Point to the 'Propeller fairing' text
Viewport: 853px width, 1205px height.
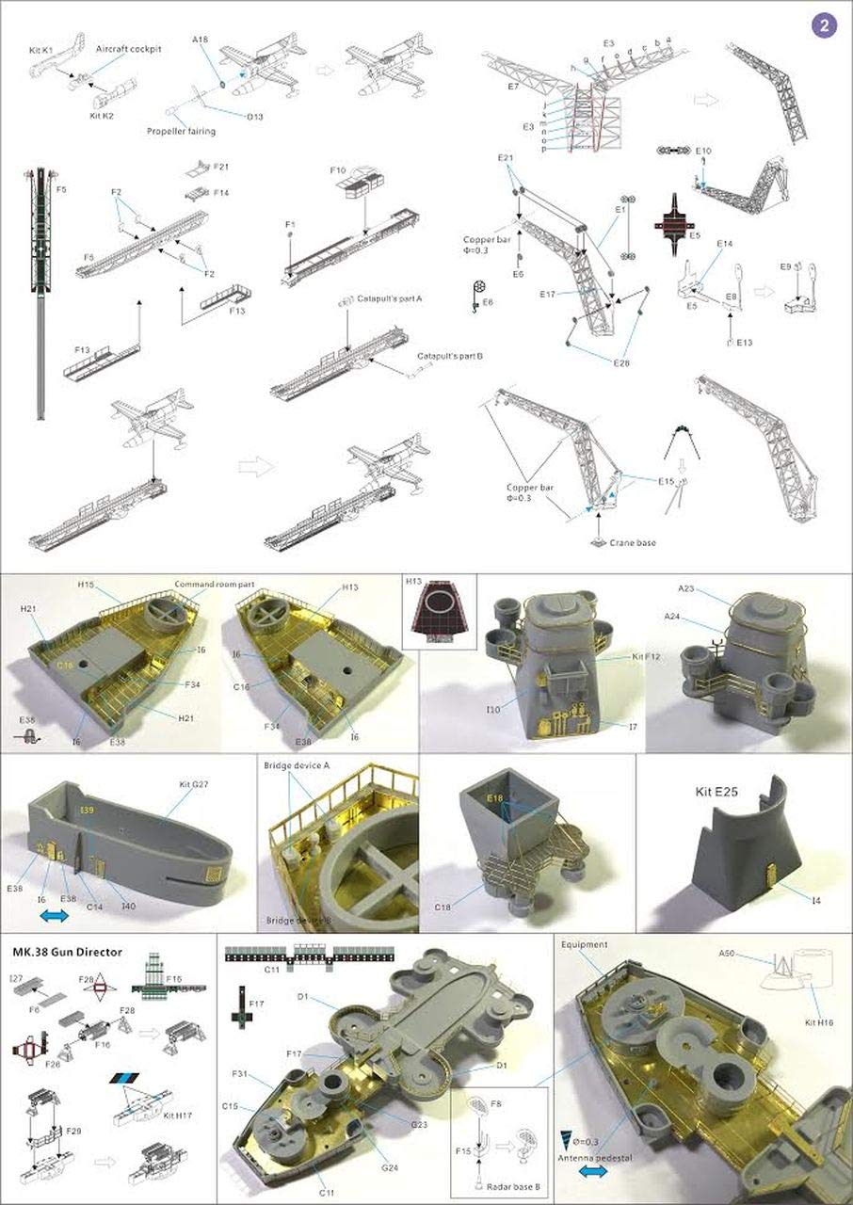pos(181,132)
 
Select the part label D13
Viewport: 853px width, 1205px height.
pos(254,117)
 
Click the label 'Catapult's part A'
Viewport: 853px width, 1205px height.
pos(390,298)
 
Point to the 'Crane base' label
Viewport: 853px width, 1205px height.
pos(632,542)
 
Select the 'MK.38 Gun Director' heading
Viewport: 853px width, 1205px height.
pos(67,952)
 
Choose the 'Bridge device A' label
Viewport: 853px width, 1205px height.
pos(297,765)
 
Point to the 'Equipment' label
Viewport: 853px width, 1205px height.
pos(585,943)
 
